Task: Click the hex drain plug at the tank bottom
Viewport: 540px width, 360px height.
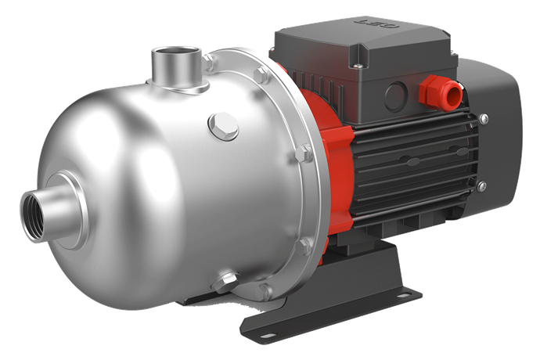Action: [x=228, y=279]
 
